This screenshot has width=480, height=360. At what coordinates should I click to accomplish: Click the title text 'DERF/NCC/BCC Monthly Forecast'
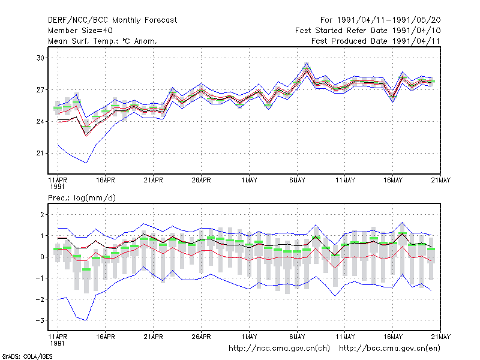point(112,20)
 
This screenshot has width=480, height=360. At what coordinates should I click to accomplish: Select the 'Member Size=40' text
point(80,31)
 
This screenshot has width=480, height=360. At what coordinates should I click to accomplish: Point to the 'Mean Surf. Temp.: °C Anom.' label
point(103,41)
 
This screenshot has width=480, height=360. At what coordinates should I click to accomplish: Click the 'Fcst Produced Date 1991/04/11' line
point(376,41)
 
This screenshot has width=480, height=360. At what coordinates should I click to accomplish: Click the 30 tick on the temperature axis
point(40,58)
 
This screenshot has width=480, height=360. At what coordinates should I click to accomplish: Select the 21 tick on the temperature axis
point(40,153)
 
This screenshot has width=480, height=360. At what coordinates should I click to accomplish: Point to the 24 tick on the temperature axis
point(40,122)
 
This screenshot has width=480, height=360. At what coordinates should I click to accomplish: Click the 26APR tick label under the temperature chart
point(202,180)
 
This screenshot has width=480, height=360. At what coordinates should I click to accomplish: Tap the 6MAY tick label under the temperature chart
point(297,180)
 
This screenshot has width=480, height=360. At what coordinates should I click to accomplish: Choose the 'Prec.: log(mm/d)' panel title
point(82,198)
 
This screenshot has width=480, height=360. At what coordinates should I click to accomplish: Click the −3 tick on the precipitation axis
point(40,320)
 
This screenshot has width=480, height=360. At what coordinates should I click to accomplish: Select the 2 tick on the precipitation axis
point(42,215)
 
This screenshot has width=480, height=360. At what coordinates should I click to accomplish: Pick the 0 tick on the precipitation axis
point(42,257)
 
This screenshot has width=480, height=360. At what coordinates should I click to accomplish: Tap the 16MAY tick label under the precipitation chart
point(393,337)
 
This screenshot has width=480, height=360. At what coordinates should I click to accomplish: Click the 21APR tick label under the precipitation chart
point(154,337)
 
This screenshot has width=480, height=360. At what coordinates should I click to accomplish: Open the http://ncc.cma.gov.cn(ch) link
point(279,349)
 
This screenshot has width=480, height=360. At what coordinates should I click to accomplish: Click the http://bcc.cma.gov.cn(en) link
point(389,349)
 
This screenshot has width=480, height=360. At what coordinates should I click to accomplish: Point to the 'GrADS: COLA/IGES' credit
point(27,356)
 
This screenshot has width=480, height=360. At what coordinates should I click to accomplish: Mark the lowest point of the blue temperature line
point(86,163)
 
